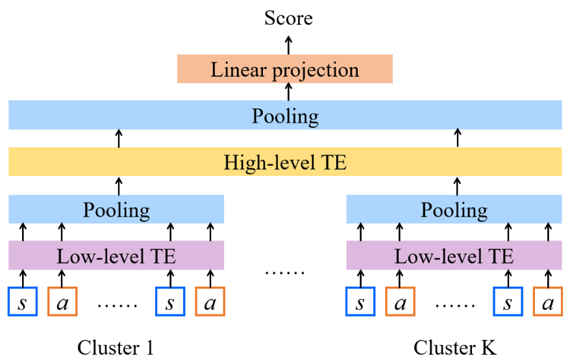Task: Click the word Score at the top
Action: point(288,18)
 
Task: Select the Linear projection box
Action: point(284,69)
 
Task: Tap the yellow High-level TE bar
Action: point(284,162)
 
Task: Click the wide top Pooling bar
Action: point(284,116)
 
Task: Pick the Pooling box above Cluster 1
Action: point(116,210)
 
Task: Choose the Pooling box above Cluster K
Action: point(454,210)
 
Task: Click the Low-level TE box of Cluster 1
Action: point(116,256)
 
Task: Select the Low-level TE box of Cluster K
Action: point(454,256)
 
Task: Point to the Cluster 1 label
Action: point(116,348)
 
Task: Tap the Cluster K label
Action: point(454,348)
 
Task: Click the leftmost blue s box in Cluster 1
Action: point(23,302)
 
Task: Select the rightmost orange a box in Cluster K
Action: point(547,302)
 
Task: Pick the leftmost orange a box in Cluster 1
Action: point(62,302)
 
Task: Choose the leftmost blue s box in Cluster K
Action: point(360,302)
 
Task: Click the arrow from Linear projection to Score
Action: point(289,43)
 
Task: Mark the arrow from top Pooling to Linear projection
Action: point(289,92)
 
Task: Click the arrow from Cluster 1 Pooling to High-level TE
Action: point(119,185)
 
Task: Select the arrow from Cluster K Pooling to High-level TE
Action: point(457,185)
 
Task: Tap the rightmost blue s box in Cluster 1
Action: point(170,302)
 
